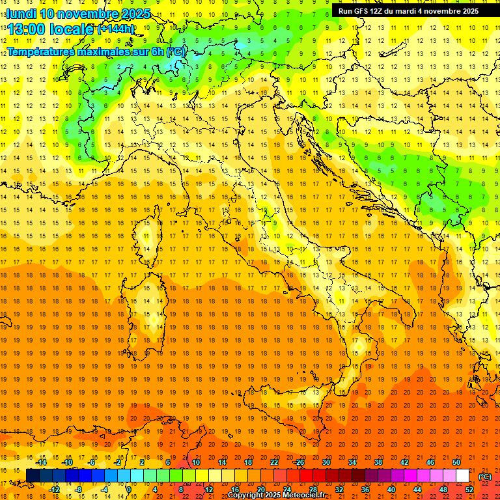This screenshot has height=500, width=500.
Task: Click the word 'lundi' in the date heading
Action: (21, 14)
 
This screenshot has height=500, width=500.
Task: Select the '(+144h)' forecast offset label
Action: (116, 29)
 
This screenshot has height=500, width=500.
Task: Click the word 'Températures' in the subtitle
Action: (41, 51)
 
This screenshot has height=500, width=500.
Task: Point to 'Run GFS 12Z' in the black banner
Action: (361, 11)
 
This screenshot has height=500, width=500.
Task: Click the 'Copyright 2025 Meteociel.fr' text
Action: (276, 495)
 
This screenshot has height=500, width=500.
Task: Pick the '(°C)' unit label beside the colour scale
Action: (485, 477)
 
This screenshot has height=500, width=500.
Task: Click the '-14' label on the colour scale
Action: (40, 462)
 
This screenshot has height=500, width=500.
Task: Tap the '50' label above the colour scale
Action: (456, 462)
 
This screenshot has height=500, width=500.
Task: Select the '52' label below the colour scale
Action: (469, 490)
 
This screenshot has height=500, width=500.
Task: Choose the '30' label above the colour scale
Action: (326, 462)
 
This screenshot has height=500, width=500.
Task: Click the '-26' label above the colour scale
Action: (299, 462)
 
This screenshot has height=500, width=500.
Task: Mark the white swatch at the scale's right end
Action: (463, 476)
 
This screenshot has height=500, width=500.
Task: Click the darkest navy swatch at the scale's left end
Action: (33, 476)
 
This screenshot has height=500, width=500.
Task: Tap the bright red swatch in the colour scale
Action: (306, 476)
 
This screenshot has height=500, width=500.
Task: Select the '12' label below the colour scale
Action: (208, 490)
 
